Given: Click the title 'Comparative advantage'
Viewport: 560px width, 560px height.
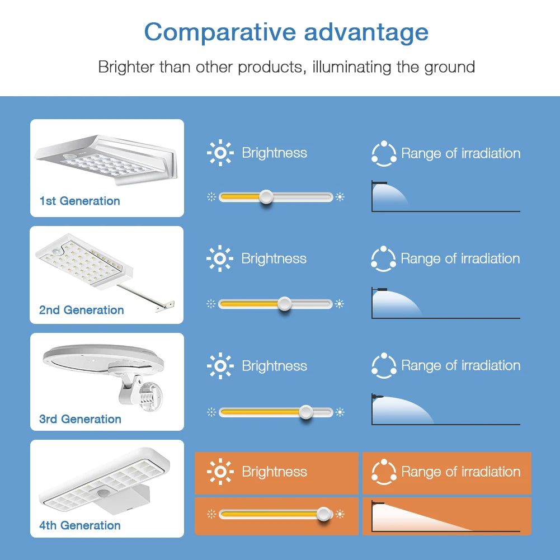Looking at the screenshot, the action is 286,32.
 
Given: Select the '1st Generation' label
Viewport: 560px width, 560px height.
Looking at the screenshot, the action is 79,201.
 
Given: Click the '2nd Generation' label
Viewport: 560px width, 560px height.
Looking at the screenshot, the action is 82,309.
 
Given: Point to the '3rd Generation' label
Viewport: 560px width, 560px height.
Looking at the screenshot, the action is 80,418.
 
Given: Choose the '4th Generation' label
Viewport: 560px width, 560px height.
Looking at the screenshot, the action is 79,525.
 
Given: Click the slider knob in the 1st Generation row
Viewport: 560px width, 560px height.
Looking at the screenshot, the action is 266,197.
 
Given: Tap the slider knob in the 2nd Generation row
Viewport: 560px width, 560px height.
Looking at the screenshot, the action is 284,304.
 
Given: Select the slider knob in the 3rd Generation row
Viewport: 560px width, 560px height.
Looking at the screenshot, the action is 305,412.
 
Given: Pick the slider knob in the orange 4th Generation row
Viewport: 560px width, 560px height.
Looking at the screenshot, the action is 323,514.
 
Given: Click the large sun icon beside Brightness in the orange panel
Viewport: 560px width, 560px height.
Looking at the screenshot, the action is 220,472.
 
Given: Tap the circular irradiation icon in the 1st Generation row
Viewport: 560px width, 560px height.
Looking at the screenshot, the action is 384,154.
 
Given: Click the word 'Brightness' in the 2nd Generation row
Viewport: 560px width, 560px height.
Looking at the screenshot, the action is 274,258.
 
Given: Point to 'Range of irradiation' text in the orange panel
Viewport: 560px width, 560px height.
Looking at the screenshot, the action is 461,472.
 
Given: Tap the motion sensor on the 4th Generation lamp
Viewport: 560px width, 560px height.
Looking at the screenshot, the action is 103,493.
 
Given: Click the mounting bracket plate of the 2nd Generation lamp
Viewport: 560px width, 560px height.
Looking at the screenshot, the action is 166,307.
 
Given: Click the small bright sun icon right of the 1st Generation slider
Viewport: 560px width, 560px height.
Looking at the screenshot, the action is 340,197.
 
